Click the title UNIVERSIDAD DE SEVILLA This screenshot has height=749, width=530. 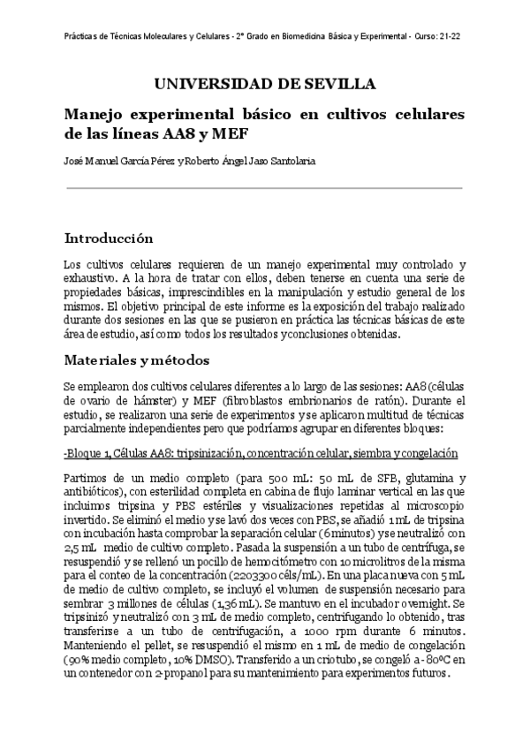tap(265, 85)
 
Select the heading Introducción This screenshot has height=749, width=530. tap(110, 238)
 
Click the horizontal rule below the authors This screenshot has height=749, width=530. tap(265, 188)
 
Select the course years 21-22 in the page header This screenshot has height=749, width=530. tap(451, 37)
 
